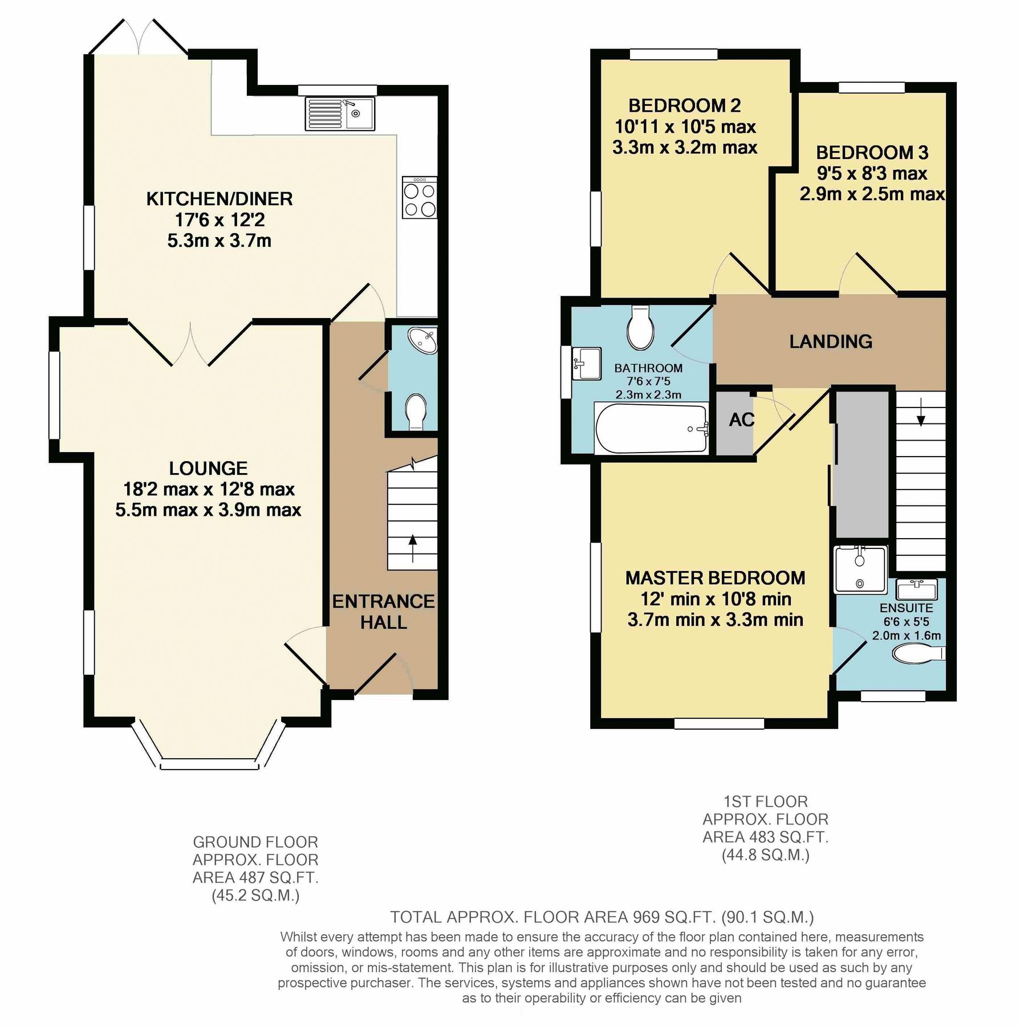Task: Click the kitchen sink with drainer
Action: [x=340, y=113]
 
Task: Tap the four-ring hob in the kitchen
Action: [x=420, y=198]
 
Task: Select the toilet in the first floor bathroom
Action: [x=640, y=328]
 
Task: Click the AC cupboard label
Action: [x=741, y=420]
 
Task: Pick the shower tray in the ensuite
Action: [x=860, y=569]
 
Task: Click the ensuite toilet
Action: [x=918, y=653]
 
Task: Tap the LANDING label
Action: [x=831, y=341]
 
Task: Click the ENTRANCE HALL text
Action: [x=383, y=612]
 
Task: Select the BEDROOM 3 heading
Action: [x=872, y=152]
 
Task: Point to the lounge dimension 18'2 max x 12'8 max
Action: [x=209, y=489]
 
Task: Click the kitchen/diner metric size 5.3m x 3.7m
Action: [x=219, y=241]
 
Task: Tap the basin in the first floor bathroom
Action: [x=586, y=363]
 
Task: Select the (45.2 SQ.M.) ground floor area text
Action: [x=255, y=896]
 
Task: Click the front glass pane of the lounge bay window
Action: [x=208, y=764]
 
